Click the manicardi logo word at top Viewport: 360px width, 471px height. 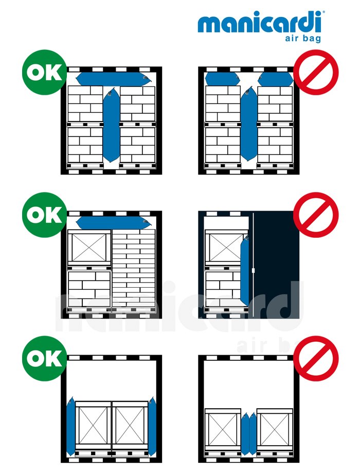point(260,22)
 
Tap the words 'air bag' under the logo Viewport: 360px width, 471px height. point(303,38)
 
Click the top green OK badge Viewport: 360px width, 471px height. point(44,72)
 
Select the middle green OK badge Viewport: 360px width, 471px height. point(44,215)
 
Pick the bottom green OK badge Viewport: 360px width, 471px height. point(44,358)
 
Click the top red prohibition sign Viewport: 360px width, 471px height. point(316,72)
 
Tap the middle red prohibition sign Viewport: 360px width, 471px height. point(316,215)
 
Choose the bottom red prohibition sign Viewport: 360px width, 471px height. point(316,358)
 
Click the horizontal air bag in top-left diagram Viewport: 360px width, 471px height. point(113,79)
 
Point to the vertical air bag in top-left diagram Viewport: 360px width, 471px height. point(111,125)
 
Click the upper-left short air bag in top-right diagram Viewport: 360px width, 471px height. point(222,79)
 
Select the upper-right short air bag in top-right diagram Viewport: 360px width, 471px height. point(276,79)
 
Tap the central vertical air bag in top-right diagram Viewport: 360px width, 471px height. point(249,124)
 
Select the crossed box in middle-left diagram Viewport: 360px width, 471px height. point(89,248)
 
